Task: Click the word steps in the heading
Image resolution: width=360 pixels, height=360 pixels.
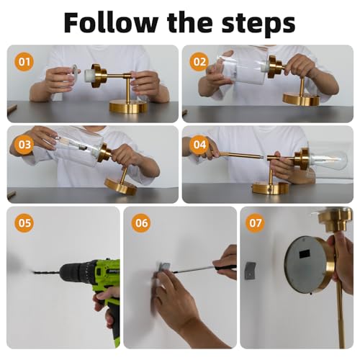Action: [x=258, y=24]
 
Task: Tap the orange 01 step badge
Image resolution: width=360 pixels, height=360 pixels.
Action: [x=24, y=62]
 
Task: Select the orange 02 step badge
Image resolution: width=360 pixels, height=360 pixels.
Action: [x=199, y=62]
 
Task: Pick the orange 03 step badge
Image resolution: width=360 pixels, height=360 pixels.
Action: [x=24, y=145]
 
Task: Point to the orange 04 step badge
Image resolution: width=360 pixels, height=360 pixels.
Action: [x=200, y=145]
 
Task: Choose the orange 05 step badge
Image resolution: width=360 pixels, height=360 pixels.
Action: [x=24, y=223]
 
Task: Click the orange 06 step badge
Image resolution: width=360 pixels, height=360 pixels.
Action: [x=141, y=223]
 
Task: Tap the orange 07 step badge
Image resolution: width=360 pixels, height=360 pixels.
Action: [x=256, y=223]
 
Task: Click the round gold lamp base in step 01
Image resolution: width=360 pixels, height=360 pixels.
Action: [x=128, y=107]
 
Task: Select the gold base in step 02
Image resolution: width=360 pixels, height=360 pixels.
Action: [x=301, y=99]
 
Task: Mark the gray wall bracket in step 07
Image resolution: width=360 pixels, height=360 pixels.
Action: [x=251, y=271]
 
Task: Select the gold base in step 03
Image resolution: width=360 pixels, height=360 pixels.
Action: [x=120, y=186]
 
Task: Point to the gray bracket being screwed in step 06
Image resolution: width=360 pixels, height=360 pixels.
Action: [x=165, y=266]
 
